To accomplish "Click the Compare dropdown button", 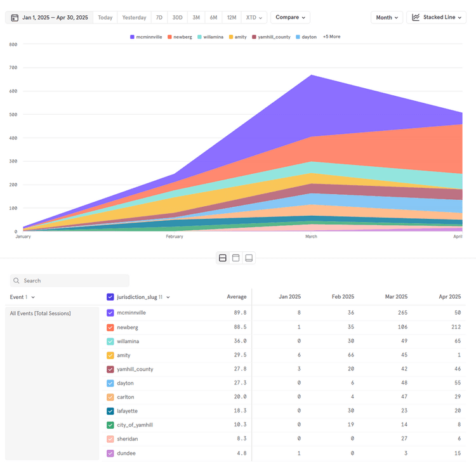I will click(290, 17).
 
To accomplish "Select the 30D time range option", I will click(178, 17).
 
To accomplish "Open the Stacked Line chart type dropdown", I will click(436, 17).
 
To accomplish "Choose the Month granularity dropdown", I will click(387, 17).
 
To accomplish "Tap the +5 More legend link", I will click(331, 37).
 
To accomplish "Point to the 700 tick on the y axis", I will click(13, 67).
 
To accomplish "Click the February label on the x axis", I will click(175, 237).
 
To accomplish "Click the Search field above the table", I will click(70, 280).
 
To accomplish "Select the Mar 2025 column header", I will click(397, 296).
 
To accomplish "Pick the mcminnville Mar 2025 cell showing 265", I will click(401, 313).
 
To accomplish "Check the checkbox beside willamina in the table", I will click(110, 341).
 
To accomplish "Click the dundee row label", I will click(126, 453).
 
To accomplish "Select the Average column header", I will click(236, 296).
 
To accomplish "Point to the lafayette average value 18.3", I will click(239, 411).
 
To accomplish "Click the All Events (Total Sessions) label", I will click(40, 313).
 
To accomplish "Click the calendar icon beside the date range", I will click(13, 18).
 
